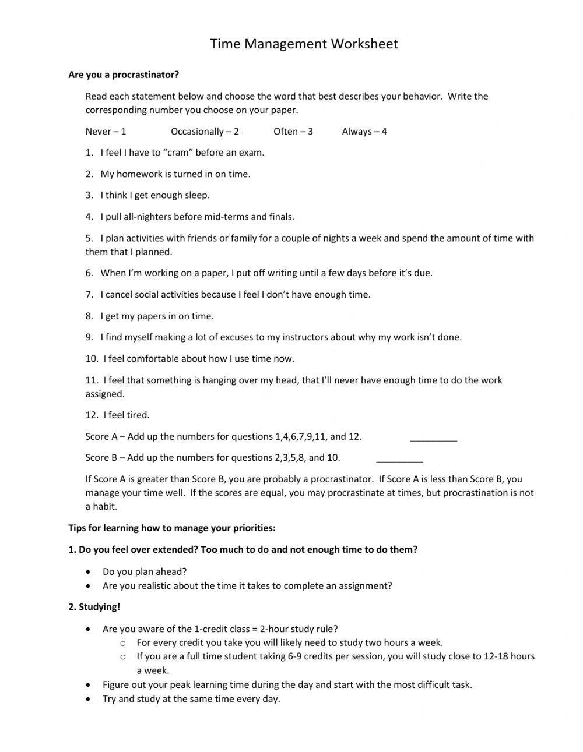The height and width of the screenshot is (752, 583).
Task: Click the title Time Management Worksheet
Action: pos(304,44)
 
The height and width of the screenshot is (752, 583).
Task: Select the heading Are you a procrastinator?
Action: pos(124,75)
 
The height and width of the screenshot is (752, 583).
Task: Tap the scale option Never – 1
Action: pos(106,131)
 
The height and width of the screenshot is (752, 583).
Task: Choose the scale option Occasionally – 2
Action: pos(205,131)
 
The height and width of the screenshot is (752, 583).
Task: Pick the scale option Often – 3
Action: pos(293,131)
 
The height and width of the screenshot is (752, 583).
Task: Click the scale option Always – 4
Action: pos(364,131)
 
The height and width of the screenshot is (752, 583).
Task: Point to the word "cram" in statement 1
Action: pos(178,153)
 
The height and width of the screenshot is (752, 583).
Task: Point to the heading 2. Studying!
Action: pos(94,606)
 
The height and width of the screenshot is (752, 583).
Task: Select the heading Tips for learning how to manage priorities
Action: pos(171,528)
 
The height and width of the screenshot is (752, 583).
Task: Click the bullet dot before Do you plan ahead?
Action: pos(88,572)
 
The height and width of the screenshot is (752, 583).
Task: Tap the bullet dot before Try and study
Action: pos(88,699)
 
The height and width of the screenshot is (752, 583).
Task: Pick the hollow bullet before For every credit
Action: pos(123,643)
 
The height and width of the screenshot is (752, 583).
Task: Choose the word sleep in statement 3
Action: pos(196,195)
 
